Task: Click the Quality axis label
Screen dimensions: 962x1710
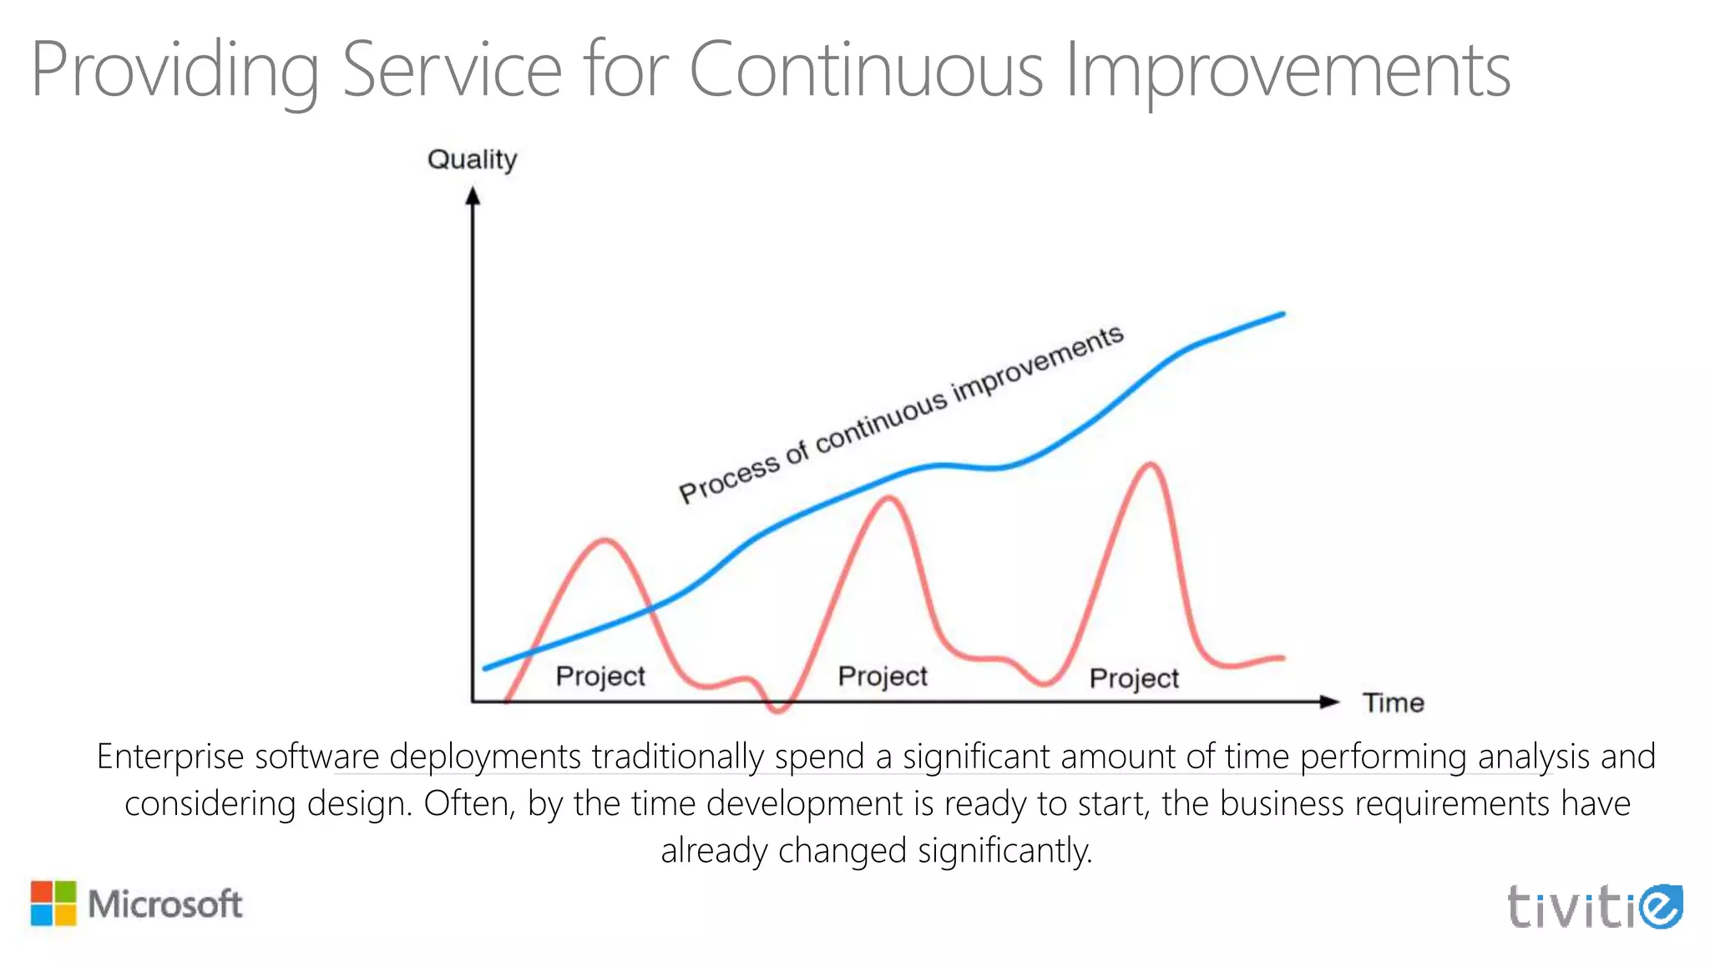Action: click(472, 159)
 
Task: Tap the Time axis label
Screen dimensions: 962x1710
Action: click(1393, 702)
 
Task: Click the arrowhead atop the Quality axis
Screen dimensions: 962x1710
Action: click(473, 196)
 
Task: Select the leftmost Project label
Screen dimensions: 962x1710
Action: click(600, 676)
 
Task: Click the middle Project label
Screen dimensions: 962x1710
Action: click(883, 676)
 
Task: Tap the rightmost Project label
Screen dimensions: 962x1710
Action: click(1134, 678)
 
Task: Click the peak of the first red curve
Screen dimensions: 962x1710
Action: click(605, 541)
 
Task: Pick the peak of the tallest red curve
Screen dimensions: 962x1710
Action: click(1151, 464)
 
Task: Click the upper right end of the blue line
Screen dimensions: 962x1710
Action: click(1282, 315)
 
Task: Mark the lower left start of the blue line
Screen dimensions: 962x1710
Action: click(487, 667)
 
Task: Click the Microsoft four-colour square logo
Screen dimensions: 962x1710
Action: click(53, 903)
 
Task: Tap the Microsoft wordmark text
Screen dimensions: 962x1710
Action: click(165, 904)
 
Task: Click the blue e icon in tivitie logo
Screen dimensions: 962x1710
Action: click(1660, 906)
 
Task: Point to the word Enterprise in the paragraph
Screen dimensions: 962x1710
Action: click(170, 757)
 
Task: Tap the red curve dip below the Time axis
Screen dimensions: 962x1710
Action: click(778, 711)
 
